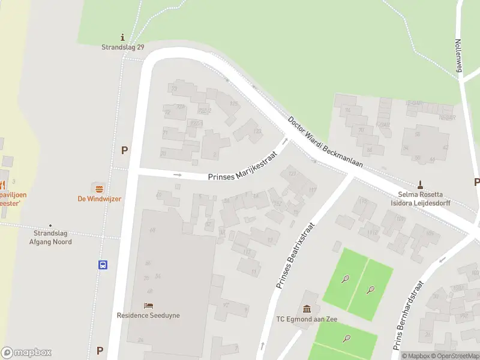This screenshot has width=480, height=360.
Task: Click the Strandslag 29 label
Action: (x=122, y=47)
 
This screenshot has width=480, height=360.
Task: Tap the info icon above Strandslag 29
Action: (x=122, y=37)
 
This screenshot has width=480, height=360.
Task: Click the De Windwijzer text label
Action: (x=99, y=199)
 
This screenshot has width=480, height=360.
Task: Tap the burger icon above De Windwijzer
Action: (x=99, y=188)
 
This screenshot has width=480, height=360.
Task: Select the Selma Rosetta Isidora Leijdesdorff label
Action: (x=420, y=199)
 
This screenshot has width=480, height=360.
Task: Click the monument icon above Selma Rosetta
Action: (x=420, y=184)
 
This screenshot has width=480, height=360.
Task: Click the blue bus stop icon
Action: (x=103, y=265)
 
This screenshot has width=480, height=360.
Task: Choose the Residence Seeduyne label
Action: (x=148, y=315)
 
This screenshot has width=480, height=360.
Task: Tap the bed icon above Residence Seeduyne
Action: (x=148, y=305)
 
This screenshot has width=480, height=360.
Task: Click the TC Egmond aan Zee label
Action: (x=307, y=319)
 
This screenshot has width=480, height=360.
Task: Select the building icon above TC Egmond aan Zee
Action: (x=307, y=309)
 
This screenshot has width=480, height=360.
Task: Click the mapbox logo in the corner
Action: (x=26, y=353)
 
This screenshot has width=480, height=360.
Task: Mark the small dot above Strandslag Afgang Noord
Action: (x=50, y=226)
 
